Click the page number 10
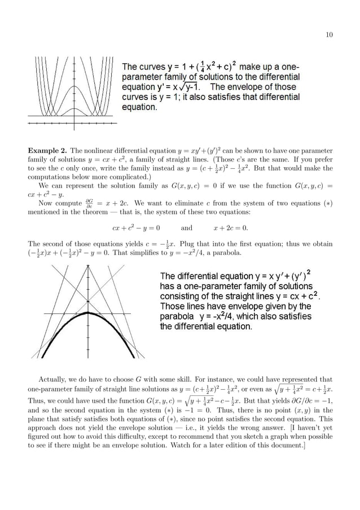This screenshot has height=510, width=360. click(x=329, y=35)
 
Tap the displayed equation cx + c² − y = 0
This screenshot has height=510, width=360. click(x=135, y=228)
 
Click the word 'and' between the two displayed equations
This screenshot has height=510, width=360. click(x=187, y=228)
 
